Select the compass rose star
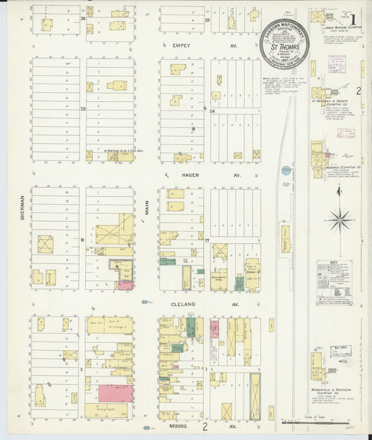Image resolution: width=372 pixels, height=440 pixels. (341, 221)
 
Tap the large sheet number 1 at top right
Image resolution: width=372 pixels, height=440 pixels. (357, 13)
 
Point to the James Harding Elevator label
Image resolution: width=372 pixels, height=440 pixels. (340, 26)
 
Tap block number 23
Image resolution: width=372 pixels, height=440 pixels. (82, 109)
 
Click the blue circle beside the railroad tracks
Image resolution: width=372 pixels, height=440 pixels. (285, 169)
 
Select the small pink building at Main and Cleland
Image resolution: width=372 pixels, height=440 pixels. (126, 285)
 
